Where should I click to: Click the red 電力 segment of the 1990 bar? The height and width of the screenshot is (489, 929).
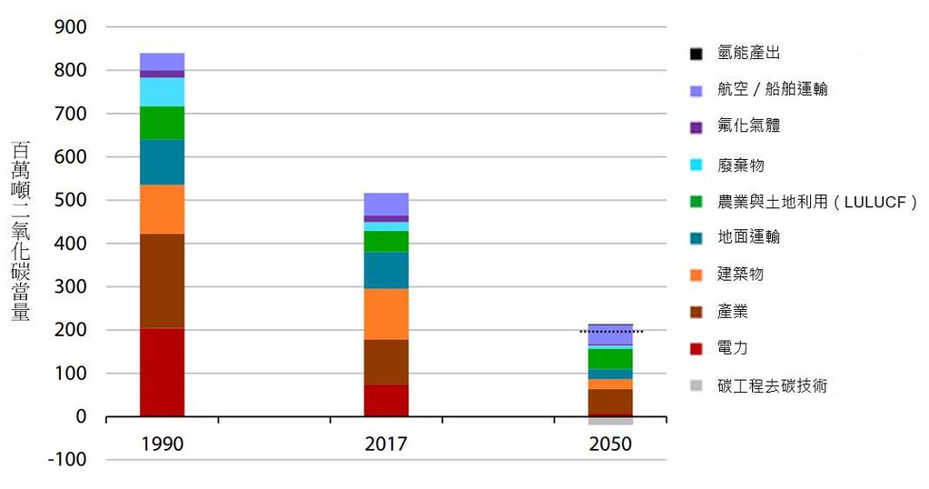162,372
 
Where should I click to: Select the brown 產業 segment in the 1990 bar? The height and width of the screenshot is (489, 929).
162,281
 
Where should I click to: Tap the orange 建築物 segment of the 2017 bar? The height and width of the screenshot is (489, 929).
386,314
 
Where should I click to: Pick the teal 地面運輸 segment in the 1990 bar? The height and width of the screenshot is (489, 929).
162,162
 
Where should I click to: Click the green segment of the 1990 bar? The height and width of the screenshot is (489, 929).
162,123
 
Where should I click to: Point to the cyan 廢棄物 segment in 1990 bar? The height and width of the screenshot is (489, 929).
162,92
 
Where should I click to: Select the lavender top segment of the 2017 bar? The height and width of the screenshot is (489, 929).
386,204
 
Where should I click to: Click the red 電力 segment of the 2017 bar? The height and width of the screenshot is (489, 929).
386,400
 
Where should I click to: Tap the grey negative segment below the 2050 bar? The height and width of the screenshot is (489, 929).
610,421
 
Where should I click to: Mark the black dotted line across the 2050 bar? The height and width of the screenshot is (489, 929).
610,332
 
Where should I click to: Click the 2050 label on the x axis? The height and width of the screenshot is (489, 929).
610,444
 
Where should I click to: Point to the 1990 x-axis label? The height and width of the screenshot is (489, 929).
163,444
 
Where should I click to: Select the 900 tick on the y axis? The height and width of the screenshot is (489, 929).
70,27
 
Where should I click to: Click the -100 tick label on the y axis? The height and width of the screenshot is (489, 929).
66,460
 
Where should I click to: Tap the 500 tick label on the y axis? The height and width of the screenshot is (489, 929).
70,200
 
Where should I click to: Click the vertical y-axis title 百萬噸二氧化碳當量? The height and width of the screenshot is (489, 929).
21,231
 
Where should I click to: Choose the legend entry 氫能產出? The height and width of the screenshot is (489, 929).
748,54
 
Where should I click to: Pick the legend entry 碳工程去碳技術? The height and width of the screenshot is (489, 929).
772,386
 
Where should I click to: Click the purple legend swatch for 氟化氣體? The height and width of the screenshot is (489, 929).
697,127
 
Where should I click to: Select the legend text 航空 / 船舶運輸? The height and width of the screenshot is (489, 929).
772,89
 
